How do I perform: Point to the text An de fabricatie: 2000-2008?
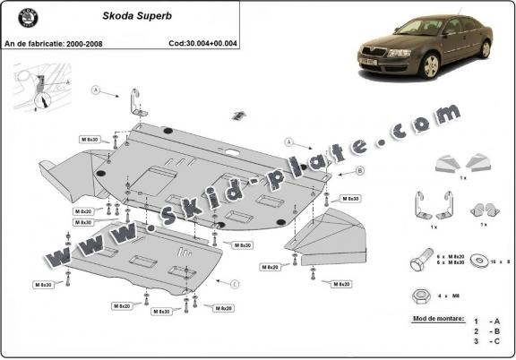click(x=55, y=42)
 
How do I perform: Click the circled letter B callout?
click(x=334, y=169)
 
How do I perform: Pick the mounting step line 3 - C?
click(x=487, y=341)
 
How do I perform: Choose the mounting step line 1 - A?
click(x=487, y=320)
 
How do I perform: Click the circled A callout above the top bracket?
click(x=94, y=89)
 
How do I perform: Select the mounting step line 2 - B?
click(x=487, y=330)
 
